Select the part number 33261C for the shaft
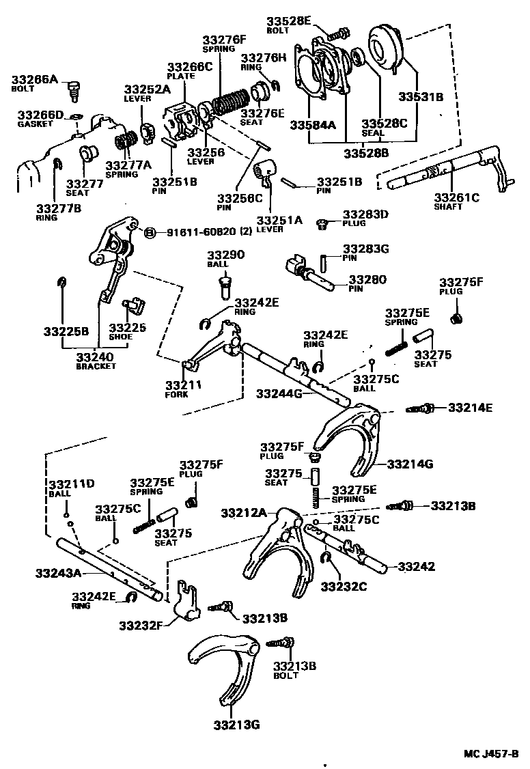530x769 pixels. point(457,198)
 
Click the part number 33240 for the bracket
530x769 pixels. point(95,356)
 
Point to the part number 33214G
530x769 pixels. point(410,464)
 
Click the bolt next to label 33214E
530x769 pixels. point(421,408)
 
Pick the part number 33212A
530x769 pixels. point(244,512)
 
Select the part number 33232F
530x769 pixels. point(142,624)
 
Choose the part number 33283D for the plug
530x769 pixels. point(365,214)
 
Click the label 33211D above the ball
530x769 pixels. point(72,484)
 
